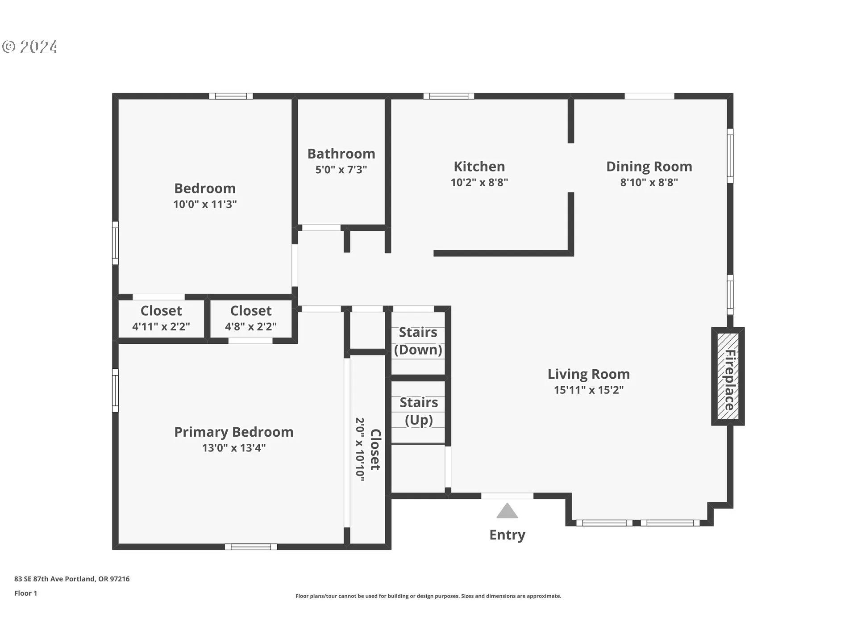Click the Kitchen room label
479,167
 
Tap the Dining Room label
649,167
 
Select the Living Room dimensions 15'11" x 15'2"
589,390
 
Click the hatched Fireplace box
728,376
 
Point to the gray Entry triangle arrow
507,511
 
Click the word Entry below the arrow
507,535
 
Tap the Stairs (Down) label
418,341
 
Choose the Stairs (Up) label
419,411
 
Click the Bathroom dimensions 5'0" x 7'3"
341,170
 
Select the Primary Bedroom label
234,432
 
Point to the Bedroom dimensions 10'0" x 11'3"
205,204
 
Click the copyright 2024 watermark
30,47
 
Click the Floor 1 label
26,593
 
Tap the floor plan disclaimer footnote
428,596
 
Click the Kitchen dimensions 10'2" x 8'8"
479,182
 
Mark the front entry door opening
507,496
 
